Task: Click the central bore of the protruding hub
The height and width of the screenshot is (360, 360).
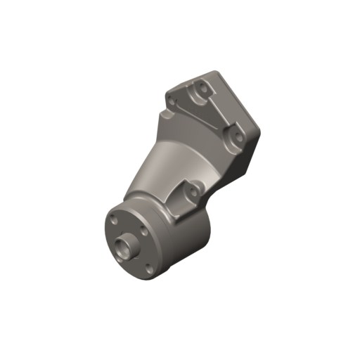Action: (127, 245)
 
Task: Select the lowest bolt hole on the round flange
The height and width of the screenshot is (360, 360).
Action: (148, 266)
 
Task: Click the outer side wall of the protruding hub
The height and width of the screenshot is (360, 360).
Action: (121, 252)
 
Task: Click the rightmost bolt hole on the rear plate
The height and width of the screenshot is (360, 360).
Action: (229, 129)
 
